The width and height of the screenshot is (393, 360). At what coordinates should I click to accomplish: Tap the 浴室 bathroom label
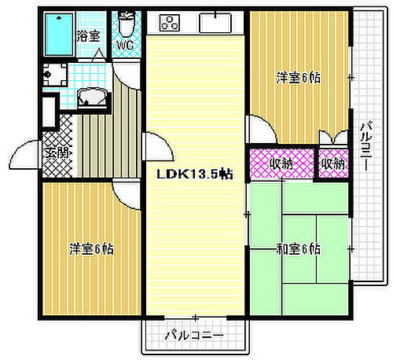point(87,35)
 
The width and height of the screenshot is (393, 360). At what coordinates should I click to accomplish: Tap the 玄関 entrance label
point(56,151)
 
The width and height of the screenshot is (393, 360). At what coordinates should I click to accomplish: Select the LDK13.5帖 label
point(193,172)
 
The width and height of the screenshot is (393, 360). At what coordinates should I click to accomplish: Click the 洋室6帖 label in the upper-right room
point(298,78)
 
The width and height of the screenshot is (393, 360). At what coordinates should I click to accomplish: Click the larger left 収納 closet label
point(281,164)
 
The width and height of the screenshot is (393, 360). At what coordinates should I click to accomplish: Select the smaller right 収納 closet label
point(333,164)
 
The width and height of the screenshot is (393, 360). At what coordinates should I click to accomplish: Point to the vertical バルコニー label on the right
point(366,145)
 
